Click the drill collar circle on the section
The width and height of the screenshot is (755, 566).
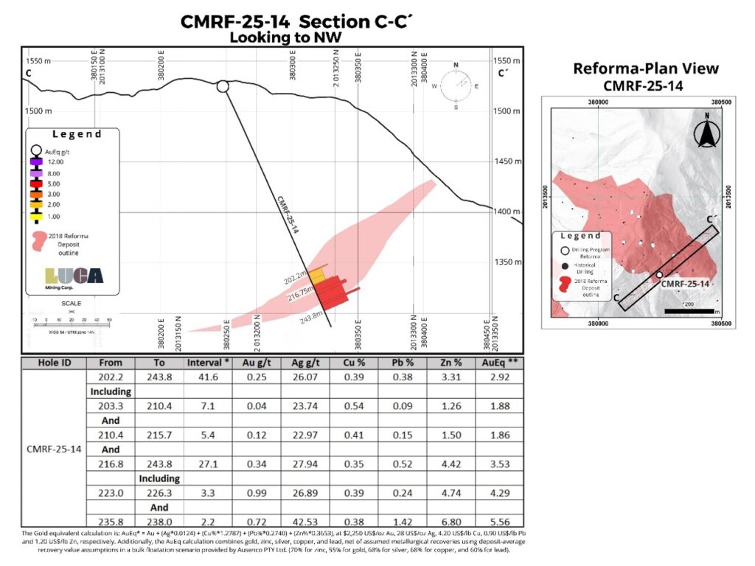pos(223,87)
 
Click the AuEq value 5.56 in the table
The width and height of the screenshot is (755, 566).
pos(499,520)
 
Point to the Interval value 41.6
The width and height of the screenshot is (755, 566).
pos(206,377)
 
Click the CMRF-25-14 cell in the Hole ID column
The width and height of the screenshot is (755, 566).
pos(54,449)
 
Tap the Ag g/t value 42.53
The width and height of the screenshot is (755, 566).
pos(303,520)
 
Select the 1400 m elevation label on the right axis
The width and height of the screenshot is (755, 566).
pos(507,212)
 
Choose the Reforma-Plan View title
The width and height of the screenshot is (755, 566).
pos(646,69)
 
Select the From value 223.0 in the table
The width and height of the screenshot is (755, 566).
pos(110,492)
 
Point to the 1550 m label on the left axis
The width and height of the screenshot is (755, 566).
pos(39,60)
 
